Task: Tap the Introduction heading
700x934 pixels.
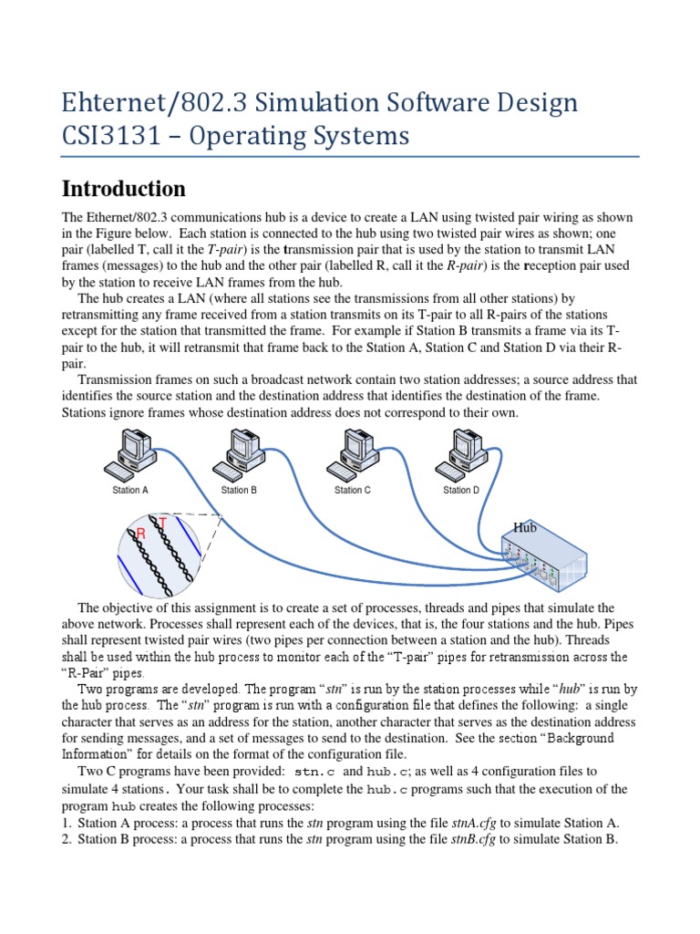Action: [x=123, y=189]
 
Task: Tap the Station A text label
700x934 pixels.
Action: [x=131, y=491]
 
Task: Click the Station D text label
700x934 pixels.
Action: [x=461, y=491]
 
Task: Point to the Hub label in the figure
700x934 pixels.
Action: [x=525, y=527]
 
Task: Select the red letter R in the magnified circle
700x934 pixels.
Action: [x=141, y=532]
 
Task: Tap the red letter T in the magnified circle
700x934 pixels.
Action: [x=163, y=522]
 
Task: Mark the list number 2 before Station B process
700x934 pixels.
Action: [x=67, y=839]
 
